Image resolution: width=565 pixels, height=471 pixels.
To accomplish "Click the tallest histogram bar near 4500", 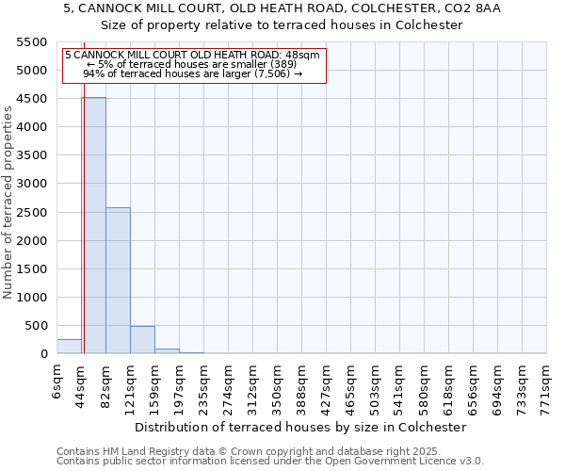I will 93,226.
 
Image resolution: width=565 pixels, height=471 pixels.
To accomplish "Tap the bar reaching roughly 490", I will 142,340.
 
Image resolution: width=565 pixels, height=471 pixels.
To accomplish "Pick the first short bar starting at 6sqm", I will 69,347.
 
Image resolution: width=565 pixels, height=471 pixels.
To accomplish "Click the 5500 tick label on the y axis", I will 32,42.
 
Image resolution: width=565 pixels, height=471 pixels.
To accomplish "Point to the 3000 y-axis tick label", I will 32,184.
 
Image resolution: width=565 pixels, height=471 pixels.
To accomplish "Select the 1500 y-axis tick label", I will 32,268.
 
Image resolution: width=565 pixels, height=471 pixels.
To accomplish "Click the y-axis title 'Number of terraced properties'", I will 8,203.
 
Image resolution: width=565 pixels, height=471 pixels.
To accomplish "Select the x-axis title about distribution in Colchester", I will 300,427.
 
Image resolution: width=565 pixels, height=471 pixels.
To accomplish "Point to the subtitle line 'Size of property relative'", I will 282,25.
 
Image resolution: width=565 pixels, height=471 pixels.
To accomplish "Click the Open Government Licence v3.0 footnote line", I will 270,462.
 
